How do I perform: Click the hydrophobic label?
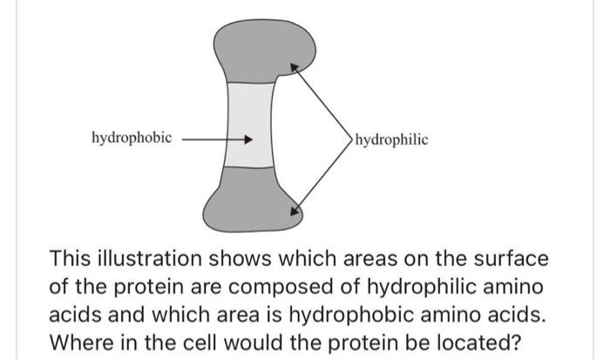point(132,138)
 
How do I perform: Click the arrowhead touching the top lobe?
point(295,65)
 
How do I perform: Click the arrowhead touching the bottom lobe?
point(295,209)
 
